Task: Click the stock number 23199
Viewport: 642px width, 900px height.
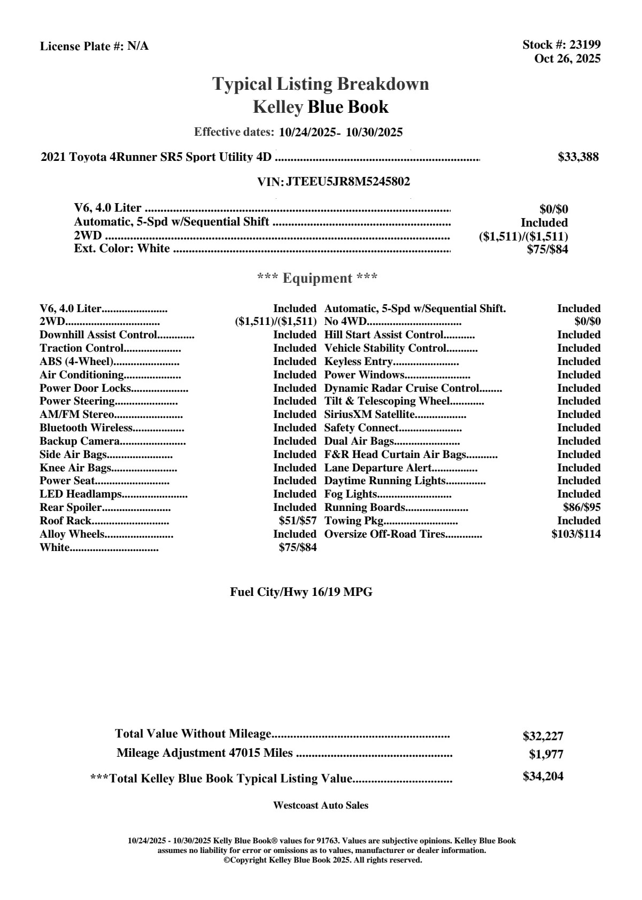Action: [x=585, y=45]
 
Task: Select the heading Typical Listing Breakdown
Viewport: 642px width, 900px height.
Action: [x=321, y=84]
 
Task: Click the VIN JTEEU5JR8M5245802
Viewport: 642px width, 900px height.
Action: [x=348, y=182]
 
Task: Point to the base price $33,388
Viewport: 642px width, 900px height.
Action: [x=578, y=157]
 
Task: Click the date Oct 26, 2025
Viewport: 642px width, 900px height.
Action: [x=567, y=59]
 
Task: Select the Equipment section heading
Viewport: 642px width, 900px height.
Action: [x=318, y=278]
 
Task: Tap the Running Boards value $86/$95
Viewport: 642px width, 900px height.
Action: [x=582, y=508]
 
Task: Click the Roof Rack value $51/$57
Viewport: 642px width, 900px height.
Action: [x=298, y=521]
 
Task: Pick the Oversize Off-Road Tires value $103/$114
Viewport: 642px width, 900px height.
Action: [x=576, y=534]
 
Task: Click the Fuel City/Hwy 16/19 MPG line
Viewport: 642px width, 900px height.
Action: [x=301, y=592]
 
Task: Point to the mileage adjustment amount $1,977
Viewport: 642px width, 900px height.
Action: [x=546, y=755]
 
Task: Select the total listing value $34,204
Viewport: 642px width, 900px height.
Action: [x=543, y=777]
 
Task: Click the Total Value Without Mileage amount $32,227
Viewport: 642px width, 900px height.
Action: [x=543, y=736]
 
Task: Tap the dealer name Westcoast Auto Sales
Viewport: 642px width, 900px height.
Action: [x=320, y=805]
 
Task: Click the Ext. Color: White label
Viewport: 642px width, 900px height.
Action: [x=122, y=249]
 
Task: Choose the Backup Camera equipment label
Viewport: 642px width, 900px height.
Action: [x=80, y=441]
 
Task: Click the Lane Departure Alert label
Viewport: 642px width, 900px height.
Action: [x=378, y=468]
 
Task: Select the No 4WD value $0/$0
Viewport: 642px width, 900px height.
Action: [x=587, y=322]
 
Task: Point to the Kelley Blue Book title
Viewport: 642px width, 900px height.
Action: [x=321, y=107]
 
